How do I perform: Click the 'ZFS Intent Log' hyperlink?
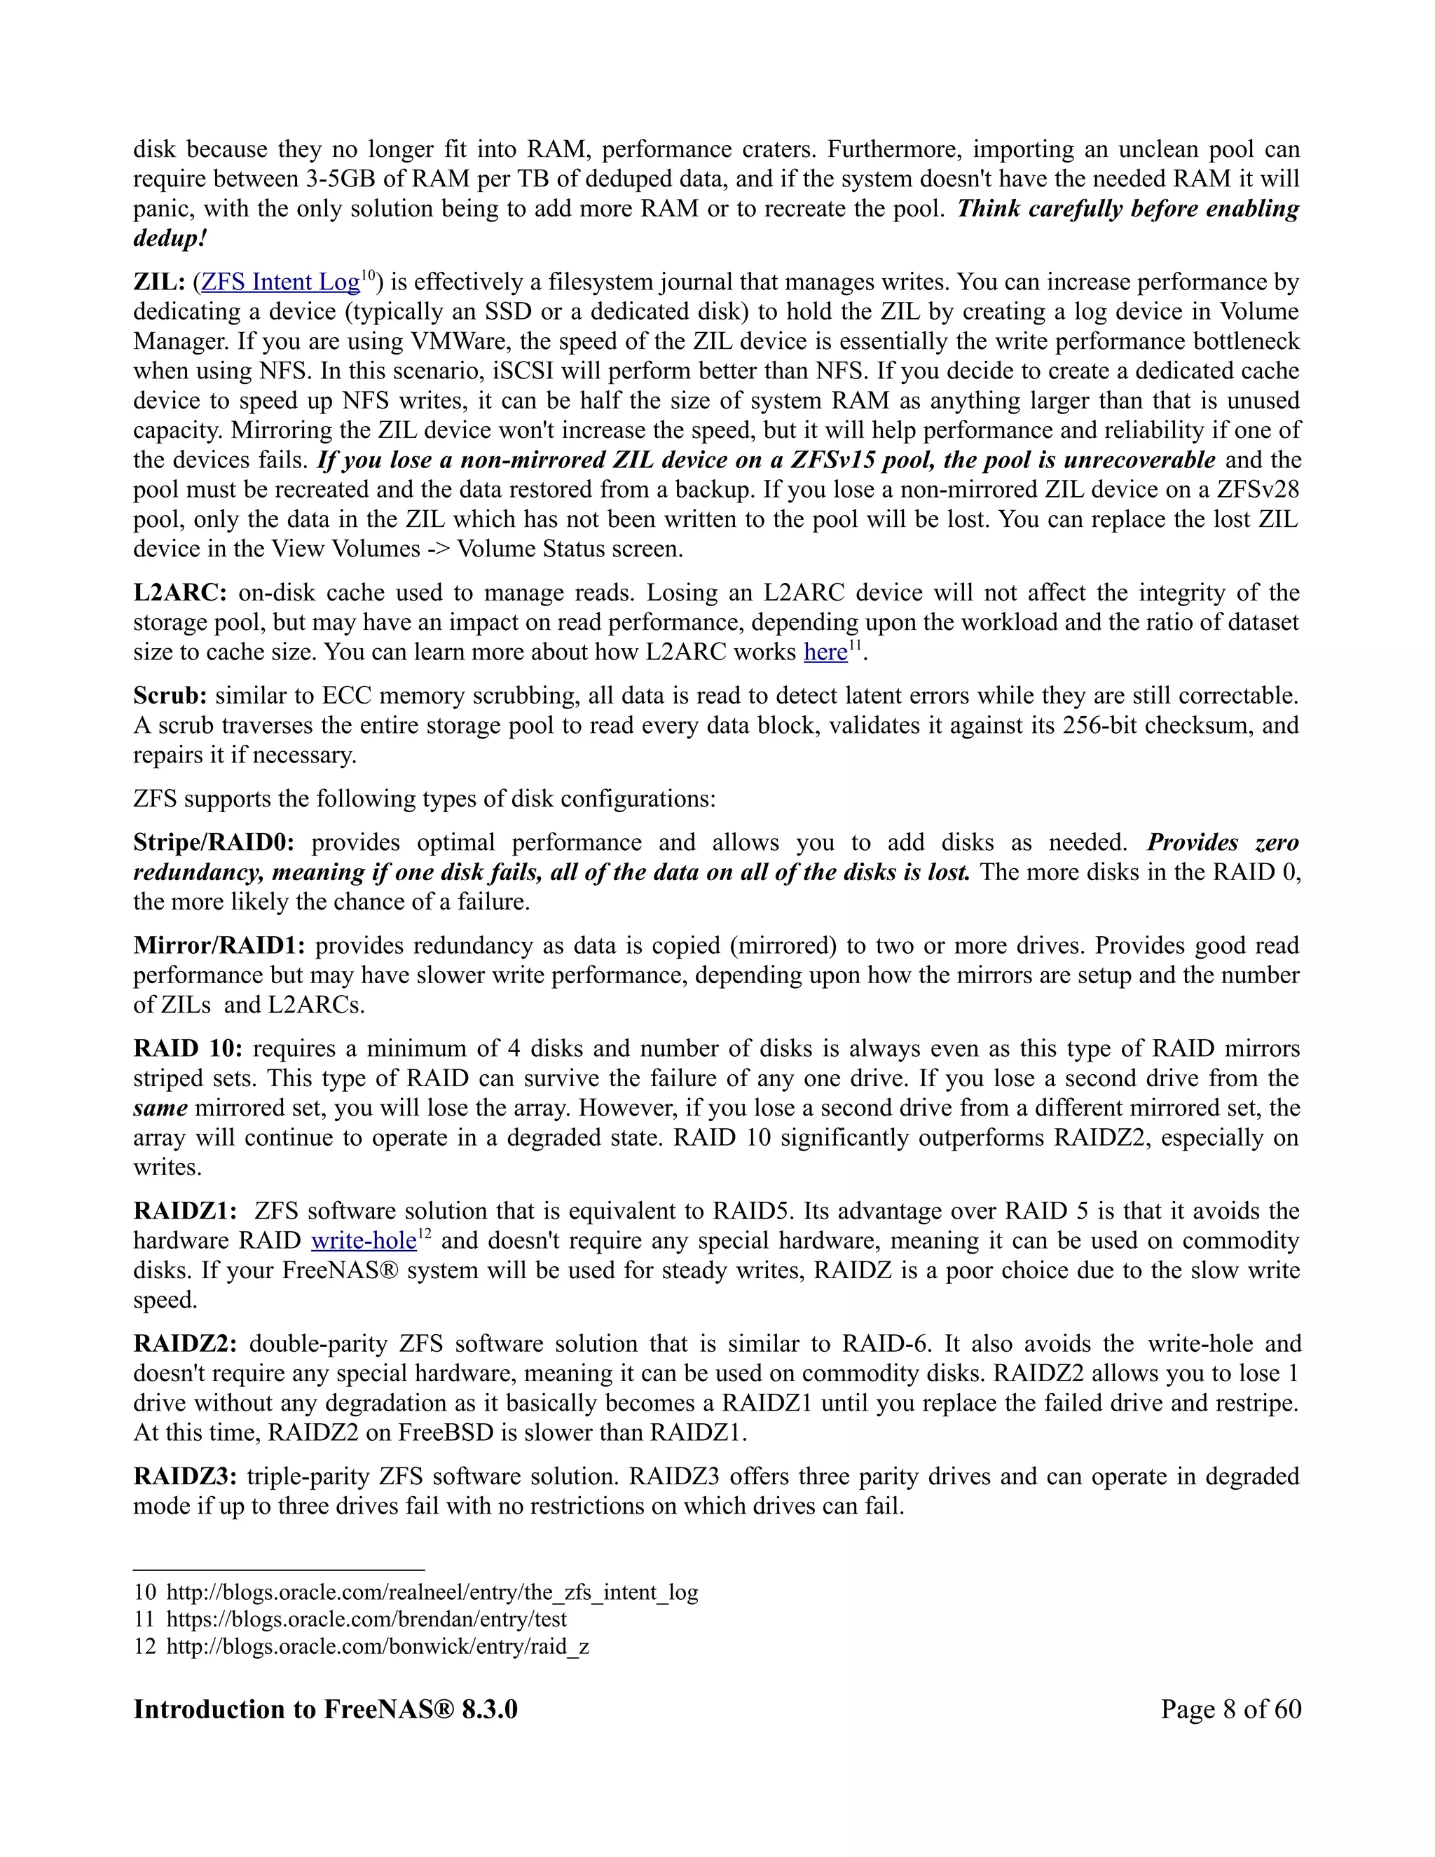tap(280, 282)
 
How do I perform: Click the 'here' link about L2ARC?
tap(825, 652)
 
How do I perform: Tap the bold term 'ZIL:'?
tap(159, 282)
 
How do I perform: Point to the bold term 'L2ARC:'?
tap(180, 593)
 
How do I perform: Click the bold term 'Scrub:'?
tap(170, 696)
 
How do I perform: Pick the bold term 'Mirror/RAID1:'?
tap(219, 945)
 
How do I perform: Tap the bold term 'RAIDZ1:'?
tap(185, 1211)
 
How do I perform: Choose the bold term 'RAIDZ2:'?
tap(185, 1343)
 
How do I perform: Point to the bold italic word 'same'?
tap(160, 1108)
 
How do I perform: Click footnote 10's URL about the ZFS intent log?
tap(432, 1593)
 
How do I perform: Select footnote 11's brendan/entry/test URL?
tap(366, 1619)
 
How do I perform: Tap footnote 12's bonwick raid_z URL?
tap(378, 1647)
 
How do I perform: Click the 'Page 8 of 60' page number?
tap(1231, 1709)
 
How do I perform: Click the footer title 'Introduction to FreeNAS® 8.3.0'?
tap(326, 1709)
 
